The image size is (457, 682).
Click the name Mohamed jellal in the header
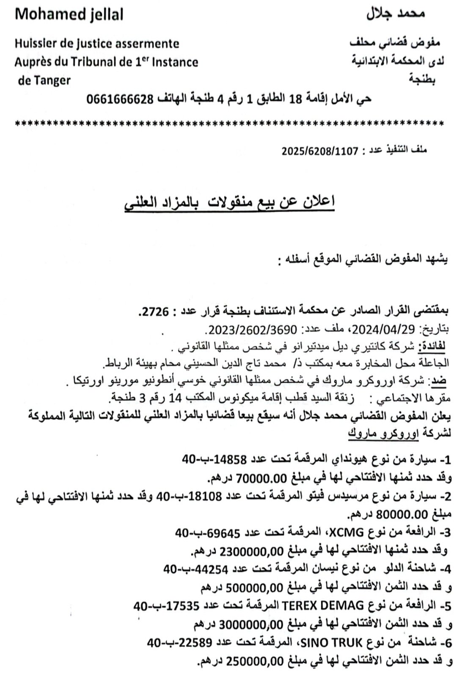pyautogui.click(x=69, y=15)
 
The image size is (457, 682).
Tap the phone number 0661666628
pyautogui.click(x=120, y=100)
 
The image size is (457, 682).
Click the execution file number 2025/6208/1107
pyautogui.click(x=320, y=151)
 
